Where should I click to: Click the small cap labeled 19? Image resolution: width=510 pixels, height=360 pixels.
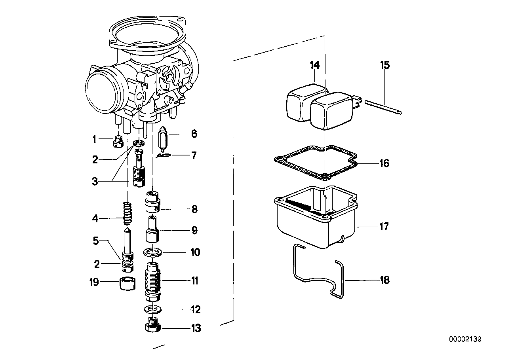point(127,284)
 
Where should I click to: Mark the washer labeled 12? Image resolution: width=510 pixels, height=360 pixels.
point(153,308)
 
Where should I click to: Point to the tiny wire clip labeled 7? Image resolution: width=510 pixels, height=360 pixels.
point(162,155)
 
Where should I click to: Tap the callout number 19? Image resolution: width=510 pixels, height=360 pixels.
point(93,282)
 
